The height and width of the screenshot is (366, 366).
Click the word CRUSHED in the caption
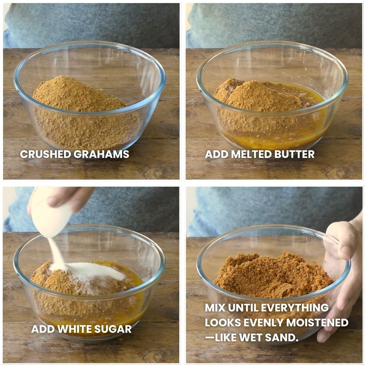[45, 154]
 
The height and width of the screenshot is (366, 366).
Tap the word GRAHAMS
[101, 154]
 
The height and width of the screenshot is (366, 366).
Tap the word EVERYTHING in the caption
[295, 308]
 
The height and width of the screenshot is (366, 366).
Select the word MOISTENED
[317, 323]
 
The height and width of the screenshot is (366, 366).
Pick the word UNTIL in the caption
[243, 308]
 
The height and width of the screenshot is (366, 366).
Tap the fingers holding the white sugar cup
[68, 197]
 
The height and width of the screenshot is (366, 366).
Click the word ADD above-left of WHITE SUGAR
[43, 329]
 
